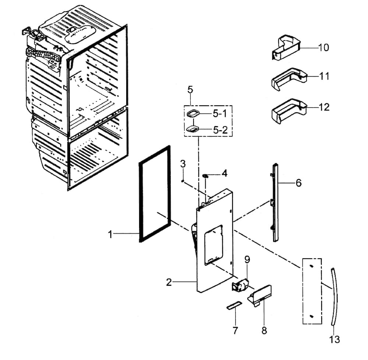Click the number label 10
coord(323,48)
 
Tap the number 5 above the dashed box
coord(190,90)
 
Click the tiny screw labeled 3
coord(183,181)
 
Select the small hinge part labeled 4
coord(205,176)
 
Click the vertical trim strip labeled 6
coord(275,203)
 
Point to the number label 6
coord(298,183)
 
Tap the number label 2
coord(169,283)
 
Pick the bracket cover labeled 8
coord(262,295)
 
